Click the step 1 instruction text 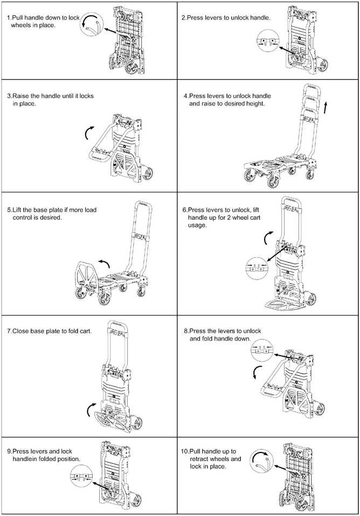(43, 22)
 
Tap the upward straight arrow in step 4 (326, 108)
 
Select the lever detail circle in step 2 (268, 40)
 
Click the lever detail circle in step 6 (257, 268)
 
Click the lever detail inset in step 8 (262, 351)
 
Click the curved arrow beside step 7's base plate (89, 409)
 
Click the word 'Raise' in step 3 (21, 96)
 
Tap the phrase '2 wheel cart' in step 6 (244, 218)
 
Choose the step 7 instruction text (50, 331)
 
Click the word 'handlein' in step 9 (25, 459)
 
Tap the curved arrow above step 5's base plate (104, 263)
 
